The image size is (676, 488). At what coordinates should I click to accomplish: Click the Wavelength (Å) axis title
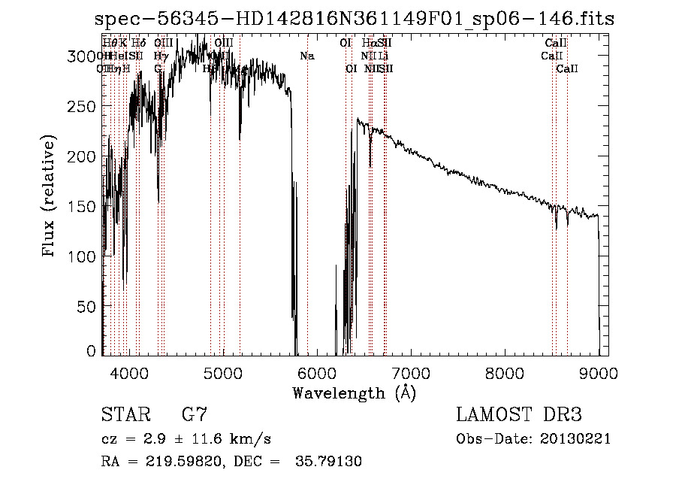coord(355,393)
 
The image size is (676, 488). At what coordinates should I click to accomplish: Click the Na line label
coord(306,56)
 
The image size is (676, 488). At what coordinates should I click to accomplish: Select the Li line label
coord(384,56)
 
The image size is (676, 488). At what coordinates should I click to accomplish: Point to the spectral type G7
coord(195,415)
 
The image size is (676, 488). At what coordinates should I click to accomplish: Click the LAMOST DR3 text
coord(519,415)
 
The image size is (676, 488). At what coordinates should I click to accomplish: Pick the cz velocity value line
coord(186,439)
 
